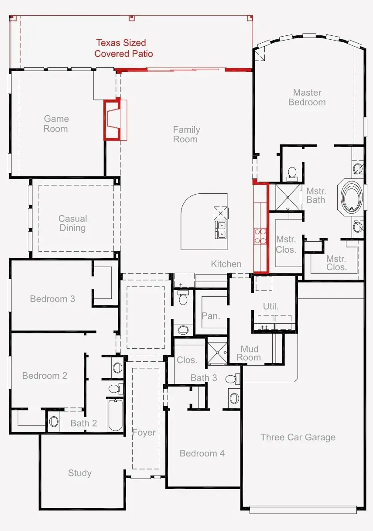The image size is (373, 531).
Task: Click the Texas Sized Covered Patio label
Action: coord(123,48)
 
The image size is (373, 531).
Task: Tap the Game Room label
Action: coord(56,124)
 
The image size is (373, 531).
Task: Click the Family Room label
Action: coord(186,134)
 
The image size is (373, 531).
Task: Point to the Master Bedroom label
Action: coord(307,97)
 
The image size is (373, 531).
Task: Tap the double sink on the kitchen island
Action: coord(221,230)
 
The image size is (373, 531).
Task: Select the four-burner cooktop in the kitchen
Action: coord(260,236)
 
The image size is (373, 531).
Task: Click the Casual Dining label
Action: coord(72,223)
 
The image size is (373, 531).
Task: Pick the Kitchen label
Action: coord(226,264)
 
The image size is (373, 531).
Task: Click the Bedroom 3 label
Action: coord(52,299)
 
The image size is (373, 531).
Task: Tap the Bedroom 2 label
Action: coord(44,376)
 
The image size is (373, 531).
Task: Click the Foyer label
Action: coord(144,432)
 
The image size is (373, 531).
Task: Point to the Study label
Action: coord(80,473)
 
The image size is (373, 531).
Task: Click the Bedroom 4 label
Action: coord(202,453)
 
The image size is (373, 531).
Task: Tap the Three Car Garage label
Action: coord(298,437)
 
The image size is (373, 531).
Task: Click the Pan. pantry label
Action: coord(211,316)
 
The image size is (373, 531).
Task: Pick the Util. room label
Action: coord(270,306)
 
